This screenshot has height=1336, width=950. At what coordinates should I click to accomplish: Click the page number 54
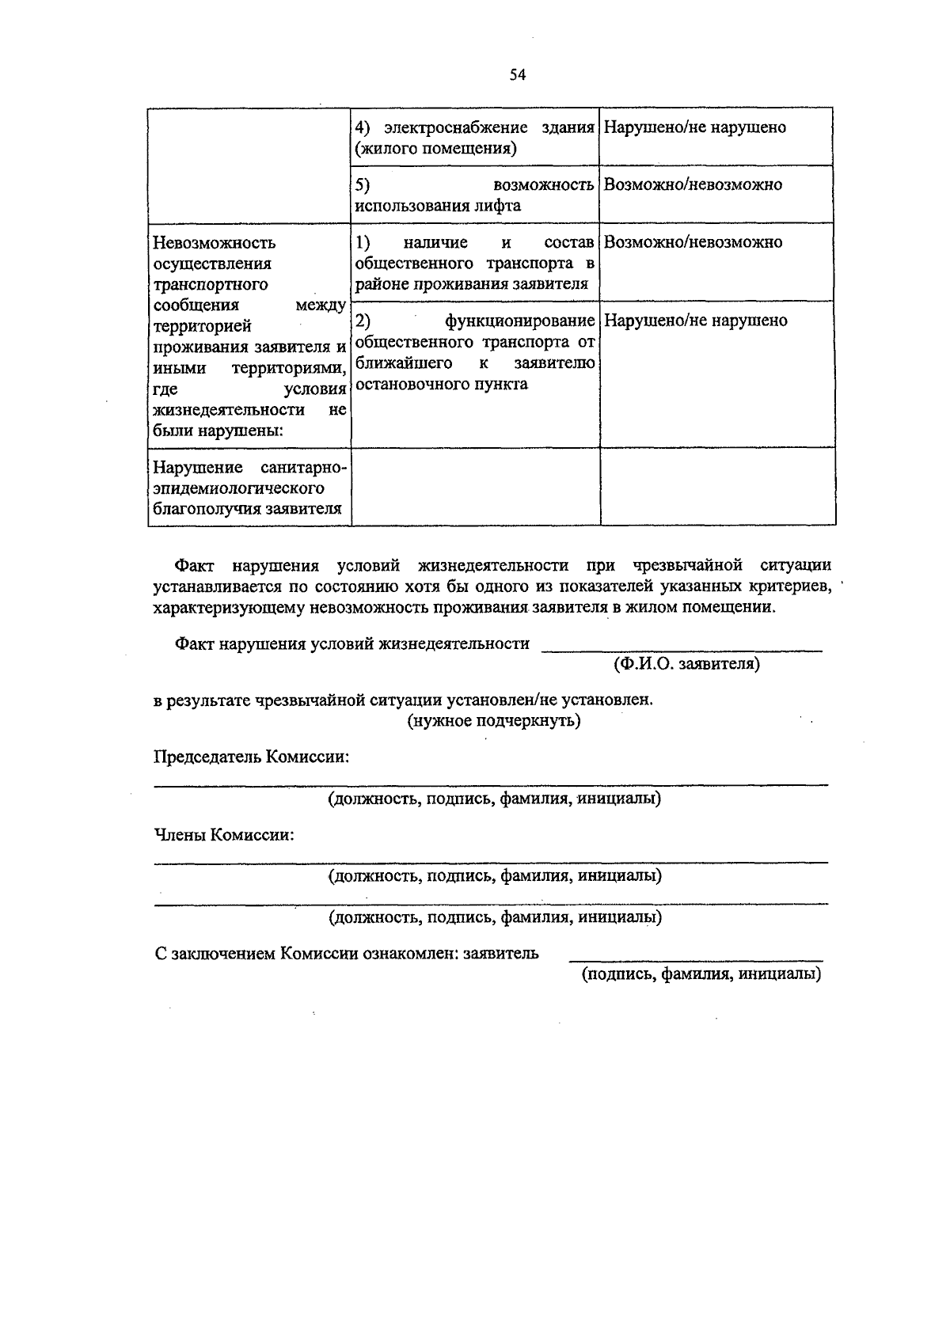click(519, 75)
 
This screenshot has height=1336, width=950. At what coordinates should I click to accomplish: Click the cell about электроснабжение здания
click(474, 138)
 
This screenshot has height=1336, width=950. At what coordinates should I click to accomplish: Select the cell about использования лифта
click(474, 195)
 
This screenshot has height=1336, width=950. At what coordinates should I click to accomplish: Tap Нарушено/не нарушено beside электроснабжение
click(695, 128)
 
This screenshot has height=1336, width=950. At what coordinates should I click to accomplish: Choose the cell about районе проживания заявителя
click(474, 263)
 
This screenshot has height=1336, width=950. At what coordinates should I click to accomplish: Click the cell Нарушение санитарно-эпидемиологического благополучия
click(249, 488)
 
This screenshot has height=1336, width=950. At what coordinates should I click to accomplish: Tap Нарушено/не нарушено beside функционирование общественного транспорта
click(696, 321)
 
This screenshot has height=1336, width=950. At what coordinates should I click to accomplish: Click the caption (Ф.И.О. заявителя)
click(686, 664)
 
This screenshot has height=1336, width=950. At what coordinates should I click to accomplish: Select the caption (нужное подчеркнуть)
click(494, 721)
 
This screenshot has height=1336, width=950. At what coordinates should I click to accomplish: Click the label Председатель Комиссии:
click(252, 757)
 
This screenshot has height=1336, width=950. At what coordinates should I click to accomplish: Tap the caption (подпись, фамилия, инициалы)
click(701, 974)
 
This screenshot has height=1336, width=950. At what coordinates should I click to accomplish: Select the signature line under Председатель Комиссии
click(491, 784)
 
